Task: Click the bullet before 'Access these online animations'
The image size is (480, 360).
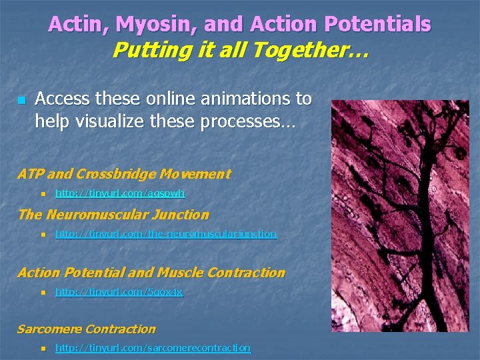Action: pos(21,100)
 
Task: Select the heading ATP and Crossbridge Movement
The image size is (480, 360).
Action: pos(124,175)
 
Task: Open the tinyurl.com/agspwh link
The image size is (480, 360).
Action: pos(120,193)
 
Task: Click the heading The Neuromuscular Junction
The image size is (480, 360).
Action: pos(113,215)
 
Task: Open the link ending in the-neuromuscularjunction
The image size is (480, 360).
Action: pos(165,234)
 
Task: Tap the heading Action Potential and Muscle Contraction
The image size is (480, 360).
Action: pos(151,273)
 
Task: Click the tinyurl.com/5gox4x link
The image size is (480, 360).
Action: pos(119,292)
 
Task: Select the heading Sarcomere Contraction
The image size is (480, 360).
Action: pos(87,329)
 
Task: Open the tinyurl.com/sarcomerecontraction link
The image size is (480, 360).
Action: pos(153,348)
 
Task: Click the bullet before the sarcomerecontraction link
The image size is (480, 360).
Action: pos(42,348)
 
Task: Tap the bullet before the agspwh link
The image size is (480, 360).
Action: pos(42,194)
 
